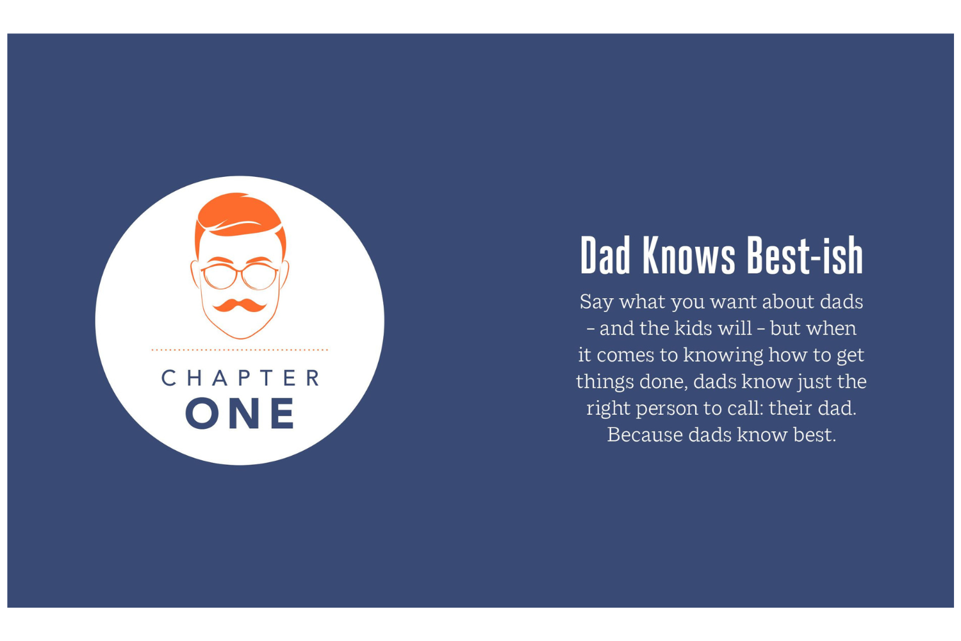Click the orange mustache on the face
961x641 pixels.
240,305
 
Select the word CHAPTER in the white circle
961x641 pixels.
240,378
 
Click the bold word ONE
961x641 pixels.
240,413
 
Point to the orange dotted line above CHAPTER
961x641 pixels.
240,350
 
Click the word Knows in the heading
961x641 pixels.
689,256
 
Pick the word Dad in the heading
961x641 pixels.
605,256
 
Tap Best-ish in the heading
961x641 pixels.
805,256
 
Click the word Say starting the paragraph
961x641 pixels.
596,303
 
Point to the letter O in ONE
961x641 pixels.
202,413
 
